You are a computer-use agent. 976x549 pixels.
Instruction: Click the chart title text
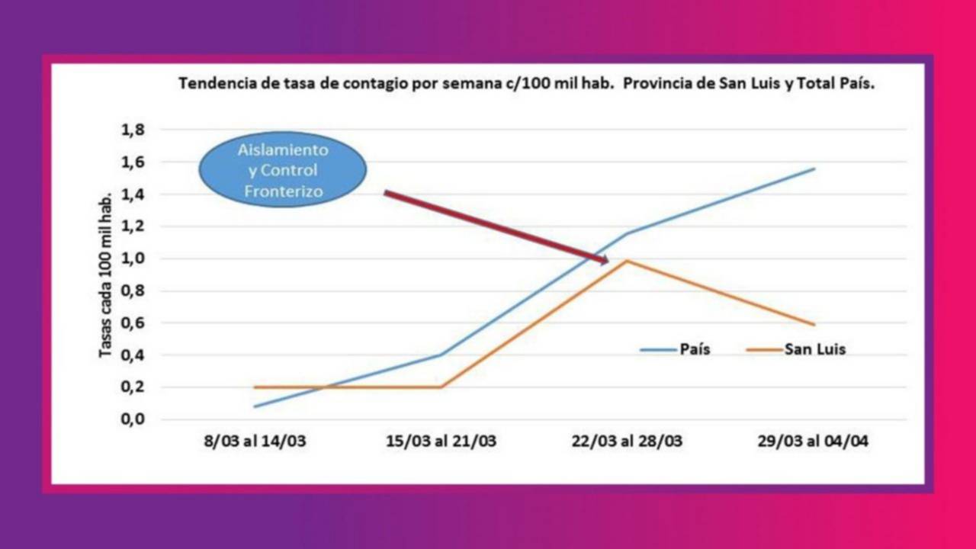[526, 84]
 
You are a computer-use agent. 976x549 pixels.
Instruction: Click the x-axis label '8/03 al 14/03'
[255, 442]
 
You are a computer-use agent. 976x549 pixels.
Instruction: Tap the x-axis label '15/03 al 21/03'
[441, 442]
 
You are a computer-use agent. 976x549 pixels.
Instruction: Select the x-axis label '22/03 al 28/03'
[628, 442]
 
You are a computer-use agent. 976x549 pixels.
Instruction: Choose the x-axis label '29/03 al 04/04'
[814, 442]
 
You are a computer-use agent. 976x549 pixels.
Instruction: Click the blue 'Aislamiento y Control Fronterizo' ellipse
[282, 171]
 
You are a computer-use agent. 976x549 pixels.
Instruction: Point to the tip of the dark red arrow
[608, 262]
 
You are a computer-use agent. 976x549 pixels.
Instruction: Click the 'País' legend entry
[676, 350]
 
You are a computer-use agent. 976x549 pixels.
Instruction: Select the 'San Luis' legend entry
[796, 350]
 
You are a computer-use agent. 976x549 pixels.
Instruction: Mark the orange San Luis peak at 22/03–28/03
[627, 261]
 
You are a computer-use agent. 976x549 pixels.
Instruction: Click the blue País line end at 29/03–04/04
[814, 169]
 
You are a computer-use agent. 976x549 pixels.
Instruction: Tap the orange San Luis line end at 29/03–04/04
[814, 325]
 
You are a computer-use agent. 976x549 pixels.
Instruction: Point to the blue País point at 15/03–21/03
[441, 355]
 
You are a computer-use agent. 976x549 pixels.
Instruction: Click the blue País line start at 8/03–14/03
[255, 406]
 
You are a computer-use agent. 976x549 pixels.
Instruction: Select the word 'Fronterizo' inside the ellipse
[282, 191]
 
